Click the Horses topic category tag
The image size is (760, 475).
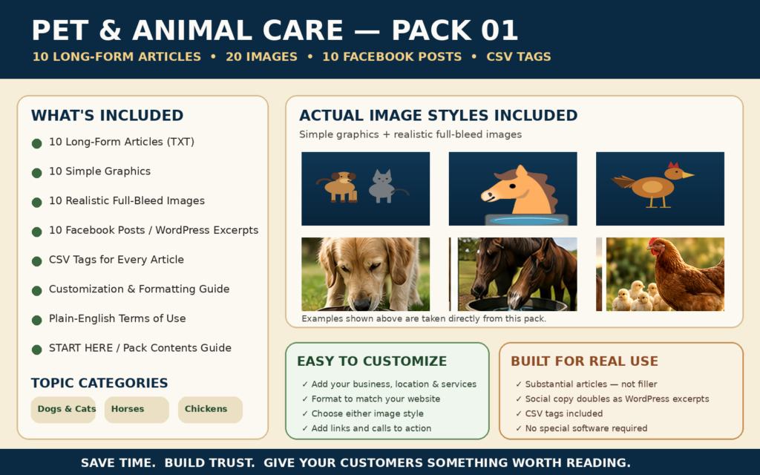[137, 410]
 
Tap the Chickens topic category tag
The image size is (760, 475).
[210, 410]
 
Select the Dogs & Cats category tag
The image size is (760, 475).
[63, 410]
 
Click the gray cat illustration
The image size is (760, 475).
[384, 186]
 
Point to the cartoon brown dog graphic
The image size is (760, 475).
[339, 186]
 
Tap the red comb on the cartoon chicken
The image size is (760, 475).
[672, 166]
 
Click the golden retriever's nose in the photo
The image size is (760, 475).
[361, 304]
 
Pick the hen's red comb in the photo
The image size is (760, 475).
[655, 242]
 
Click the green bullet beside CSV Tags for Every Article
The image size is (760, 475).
[37, 262]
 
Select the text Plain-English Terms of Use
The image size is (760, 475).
[117, 318]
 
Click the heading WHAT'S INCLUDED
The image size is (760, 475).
[107, 115]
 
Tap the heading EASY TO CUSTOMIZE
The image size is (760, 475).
[372, 361]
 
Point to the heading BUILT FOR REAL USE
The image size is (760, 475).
[584, 361]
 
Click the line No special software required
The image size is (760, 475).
[586, 428]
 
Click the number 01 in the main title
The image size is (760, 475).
[499, 30]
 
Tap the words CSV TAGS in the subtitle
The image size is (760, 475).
[519, 56]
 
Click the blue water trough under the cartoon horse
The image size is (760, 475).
[526, 220]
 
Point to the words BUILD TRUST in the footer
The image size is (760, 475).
[209, 463]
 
